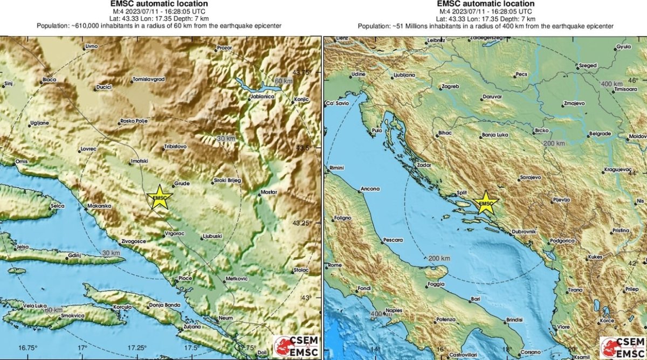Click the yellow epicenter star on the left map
pyautogui.click(x=159, y=197)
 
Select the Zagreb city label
pyautogui.click(x=449, y=86)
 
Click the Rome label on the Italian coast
pyautogui.click(x=335, y=265)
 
